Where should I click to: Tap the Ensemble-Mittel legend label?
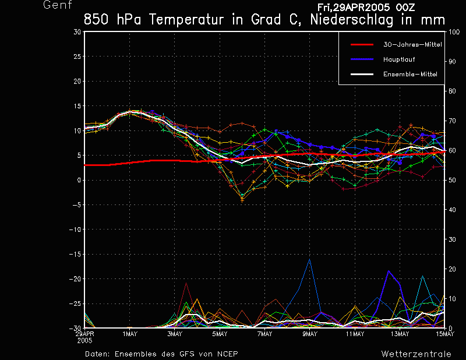point(410,74)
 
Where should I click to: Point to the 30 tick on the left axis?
point(77,32)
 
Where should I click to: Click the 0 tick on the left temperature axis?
point(79,180)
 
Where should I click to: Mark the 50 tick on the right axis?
point(451,180)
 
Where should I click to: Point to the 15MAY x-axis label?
point(444,334)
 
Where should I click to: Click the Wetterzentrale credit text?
point(416,354)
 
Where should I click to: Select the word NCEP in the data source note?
point(227,354)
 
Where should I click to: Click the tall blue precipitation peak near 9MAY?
point(310,259)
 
